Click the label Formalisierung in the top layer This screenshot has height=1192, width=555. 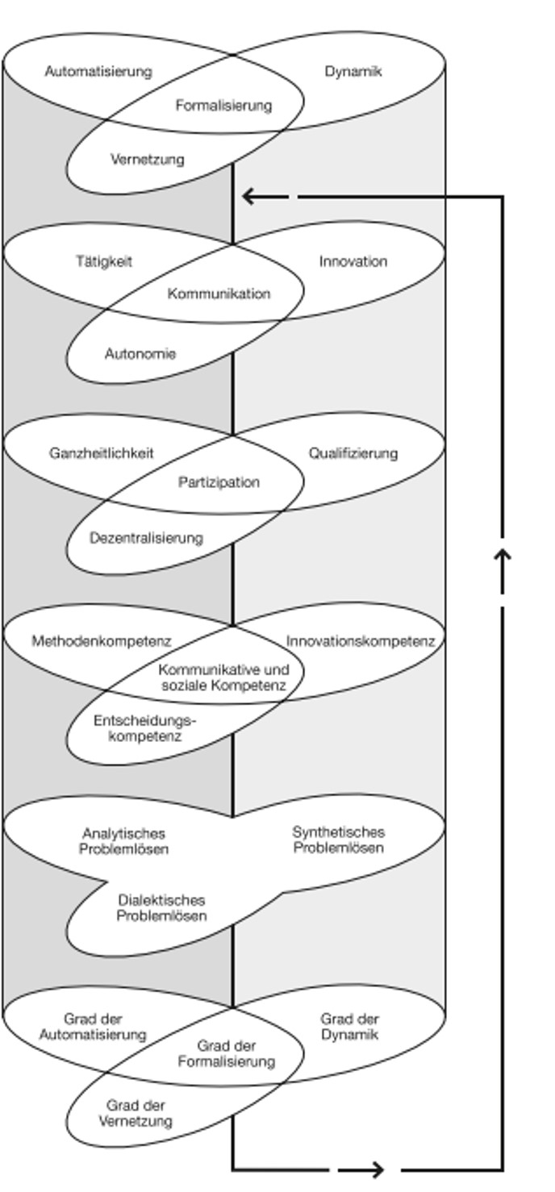[223, 105]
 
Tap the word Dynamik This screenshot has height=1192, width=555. [353, 72]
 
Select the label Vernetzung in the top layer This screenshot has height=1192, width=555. [147, 159]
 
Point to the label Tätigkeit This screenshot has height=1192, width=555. [104, 261]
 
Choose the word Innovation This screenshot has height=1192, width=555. [353, 261]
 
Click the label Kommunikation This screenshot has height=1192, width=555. [219, 294]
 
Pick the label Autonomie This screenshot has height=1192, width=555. [140, 353]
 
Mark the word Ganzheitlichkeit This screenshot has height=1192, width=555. [101, 453]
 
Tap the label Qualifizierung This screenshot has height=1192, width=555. [353, 453]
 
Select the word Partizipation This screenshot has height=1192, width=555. [219, 482]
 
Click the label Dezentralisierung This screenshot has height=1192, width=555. [146, 537]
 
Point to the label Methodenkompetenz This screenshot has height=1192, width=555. [102, 641]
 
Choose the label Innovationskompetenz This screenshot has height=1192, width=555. [360, 641]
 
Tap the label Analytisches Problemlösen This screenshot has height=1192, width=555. [123, 841]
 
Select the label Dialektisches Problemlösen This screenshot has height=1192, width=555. [161, 908]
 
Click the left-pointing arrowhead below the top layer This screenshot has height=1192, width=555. [248, 196]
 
